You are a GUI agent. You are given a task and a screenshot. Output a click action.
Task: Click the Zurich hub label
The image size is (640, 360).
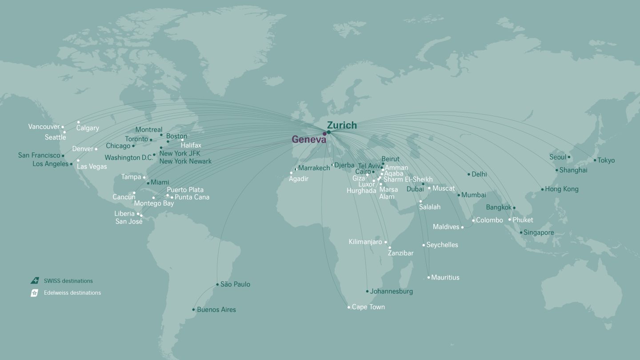click(x=341, y=125)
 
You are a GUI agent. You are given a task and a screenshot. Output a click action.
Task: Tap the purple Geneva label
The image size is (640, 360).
click(x=308, y=140)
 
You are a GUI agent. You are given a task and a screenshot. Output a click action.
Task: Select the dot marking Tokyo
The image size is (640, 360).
click(x=595, y=160)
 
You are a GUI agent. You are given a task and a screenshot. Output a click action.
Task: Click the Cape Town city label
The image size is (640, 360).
click(x=368, y=307)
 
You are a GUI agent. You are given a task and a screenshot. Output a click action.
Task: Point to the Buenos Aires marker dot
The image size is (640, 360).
click(x=193, y=309)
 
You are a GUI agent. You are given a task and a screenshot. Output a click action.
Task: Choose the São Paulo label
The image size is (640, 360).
click(x=235, y=284)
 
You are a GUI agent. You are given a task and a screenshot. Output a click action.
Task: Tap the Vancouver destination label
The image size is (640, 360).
click(x=44, y=127)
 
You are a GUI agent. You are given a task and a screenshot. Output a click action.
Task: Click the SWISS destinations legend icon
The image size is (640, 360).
click(x=35, y=281)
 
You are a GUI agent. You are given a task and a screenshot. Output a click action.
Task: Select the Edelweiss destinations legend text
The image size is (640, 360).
click(x=72, y=293)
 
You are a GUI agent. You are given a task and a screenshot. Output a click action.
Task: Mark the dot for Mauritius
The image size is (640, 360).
click(x=428, y=277)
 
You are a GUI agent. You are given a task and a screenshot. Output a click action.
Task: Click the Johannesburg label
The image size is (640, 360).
click(x=391, y=292)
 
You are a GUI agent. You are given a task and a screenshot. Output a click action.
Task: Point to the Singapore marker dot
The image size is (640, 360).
click(x=521, y=232)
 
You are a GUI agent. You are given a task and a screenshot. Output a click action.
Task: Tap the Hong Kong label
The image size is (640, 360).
click(x=562, y=189)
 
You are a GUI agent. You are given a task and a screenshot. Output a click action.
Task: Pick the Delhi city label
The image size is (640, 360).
click(x=479, y=175)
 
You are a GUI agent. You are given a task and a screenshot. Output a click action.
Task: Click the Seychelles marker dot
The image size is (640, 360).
click(x=424, y=245)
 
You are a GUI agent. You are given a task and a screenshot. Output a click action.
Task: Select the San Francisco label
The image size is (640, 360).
click(x=39, y=156)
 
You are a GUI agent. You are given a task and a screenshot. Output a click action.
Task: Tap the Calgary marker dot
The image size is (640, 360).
click(x=78, y=122)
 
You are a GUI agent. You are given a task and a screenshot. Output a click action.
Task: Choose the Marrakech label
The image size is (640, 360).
click(x=314, y=168)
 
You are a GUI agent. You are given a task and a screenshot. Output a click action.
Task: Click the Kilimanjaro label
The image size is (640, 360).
click(x=365, y=242)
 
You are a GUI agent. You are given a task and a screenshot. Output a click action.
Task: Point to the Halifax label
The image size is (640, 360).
click(x=191, y=145)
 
